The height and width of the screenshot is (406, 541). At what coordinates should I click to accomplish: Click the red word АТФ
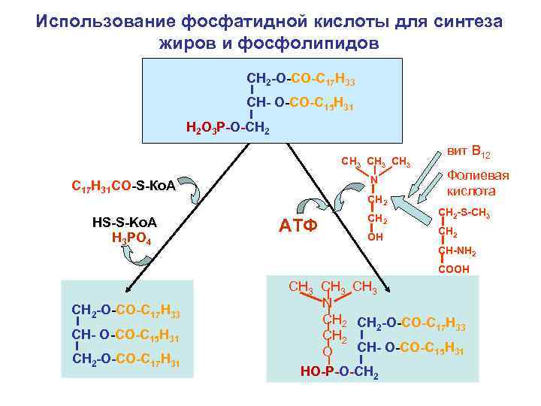(299, 226)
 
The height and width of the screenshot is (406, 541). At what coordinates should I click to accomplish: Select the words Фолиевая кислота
(478, 183)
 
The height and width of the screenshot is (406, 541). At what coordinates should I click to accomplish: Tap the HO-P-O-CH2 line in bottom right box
(339, 371)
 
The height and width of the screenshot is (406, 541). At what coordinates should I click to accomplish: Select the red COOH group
(454, 268)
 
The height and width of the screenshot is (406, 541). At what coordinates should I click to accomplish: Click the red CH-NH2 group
(457, 252)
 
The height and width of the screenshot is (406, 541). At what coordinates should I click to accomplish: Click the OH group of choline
(376, 237)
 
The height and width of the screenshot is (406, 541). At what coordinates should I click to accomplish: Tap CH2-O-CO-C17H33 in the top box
(301, 79)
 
